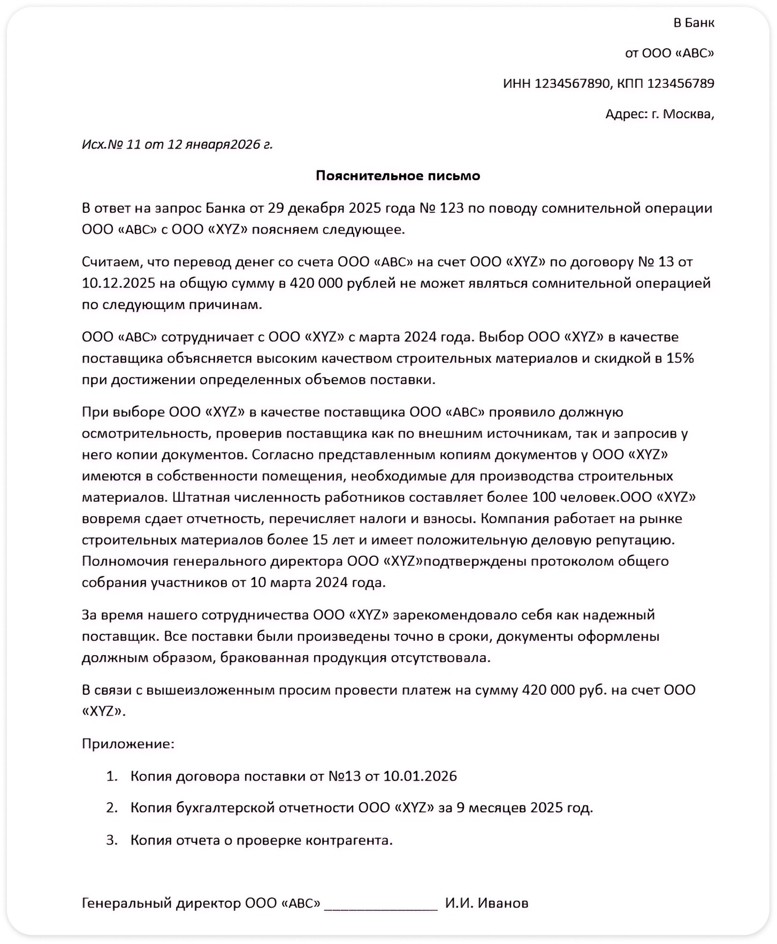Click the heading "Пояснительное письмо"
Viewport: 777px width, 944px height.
tap(398, 176)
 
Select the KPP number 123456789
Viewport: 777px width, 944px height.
tap(681, 83)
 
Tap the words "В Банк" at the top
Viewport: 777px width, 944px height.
tap(694, 23)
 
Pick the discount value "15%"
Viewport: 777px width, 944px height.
tap(680, 358)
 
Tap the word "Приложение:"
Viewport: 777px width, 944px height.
tap(128, 743)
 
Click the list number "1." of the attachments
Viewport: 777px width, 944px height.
tap(111, 776)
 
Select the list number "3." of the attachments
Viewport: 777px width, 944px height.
tap(111, 840)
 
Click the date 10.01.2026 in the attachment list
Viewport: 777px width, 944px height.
tap(420, 776)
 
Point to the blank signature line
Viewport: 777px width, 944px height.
tap(381, 904)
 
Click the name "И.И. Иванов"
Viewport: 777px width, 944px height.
tap(486, 903)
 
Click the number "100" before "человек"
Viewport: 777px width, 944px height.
tap(544, 497)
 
